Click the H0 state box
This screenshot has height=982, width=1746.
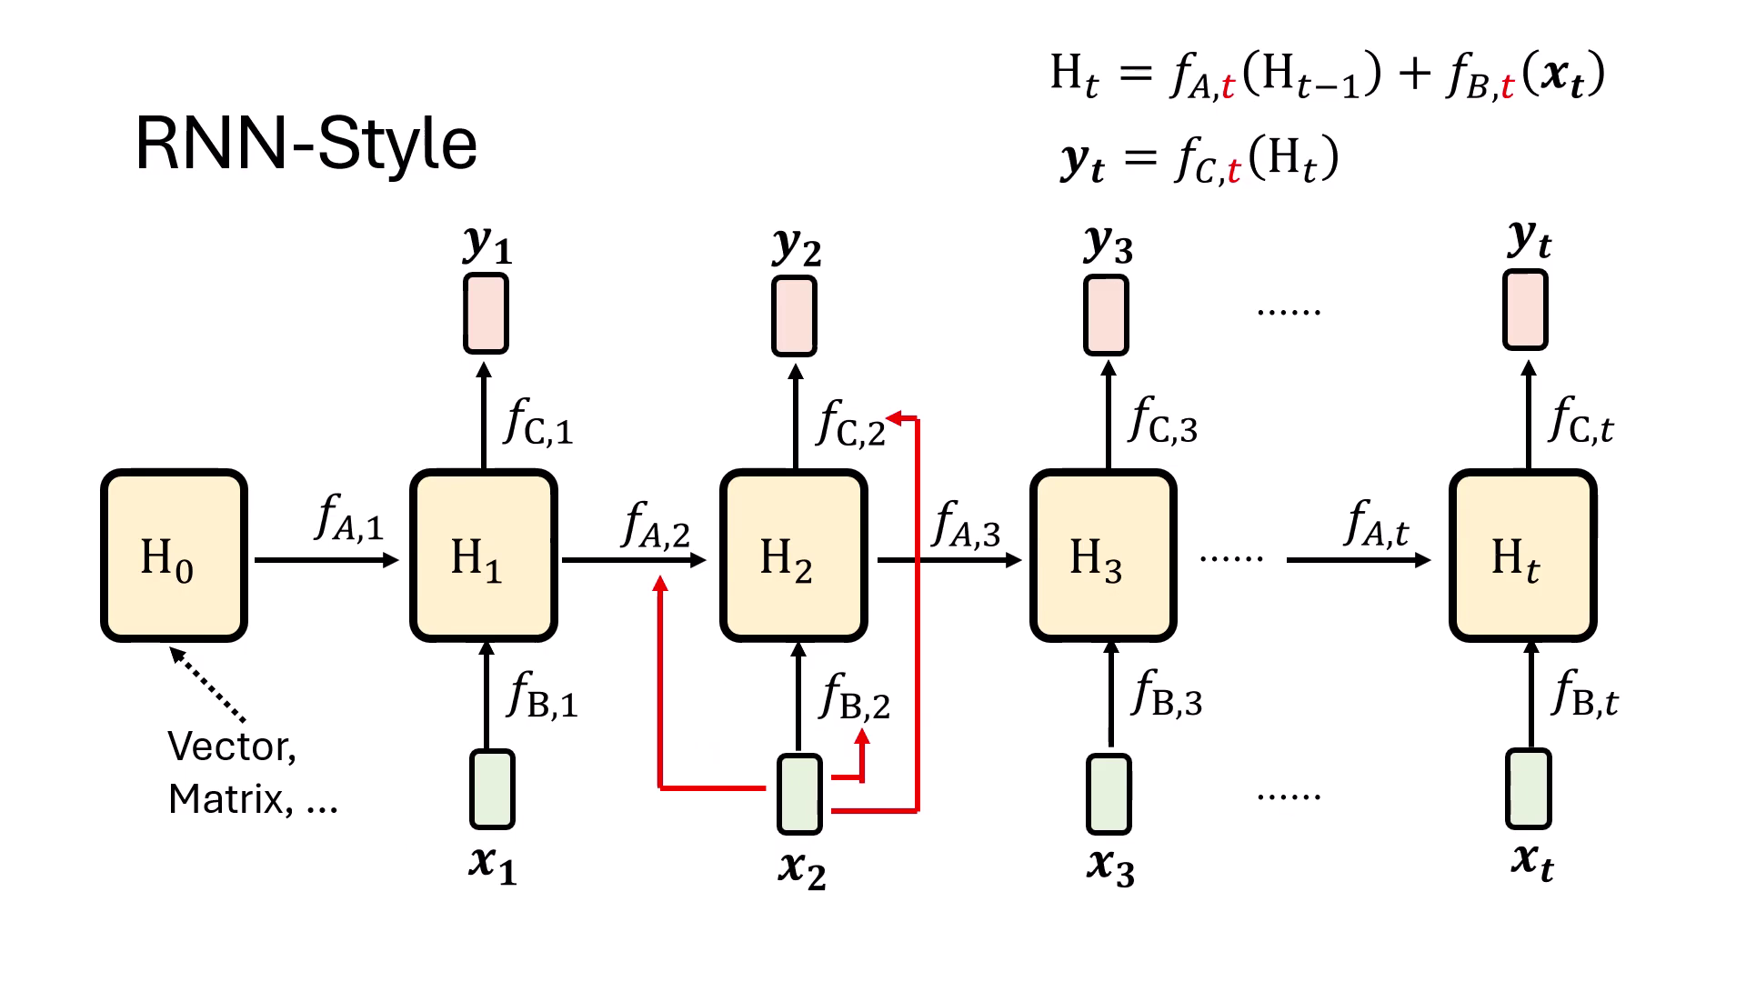174,556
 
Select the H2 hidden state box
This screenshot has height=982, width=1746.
793,556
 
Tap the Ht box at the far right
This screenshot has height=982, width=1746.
1522,556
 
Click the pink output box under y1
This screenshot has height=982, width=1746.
486,314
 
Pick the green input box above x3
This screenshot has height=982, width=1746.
1109,793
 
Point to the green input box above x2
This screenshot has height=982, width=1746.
799,794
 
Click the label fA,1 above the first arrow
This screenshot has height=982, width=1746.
349,518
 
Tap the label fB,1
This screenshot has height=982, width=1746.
542,696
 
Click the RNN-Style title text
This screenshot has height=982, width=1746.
306,144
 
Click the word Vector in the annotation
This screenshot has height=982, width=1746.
231,747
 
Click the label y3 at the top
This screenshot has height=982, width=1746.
1109,244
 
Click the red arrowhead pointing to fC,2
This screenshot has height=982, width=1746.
894,418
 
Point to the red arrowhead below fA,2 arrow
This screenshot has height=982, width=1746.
661,584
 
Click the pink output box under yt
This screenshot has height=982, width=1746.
1525,310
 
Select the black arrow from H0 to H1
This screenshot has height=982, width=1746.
326,560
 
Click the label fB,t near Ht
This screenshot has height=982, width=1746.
1585,695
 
